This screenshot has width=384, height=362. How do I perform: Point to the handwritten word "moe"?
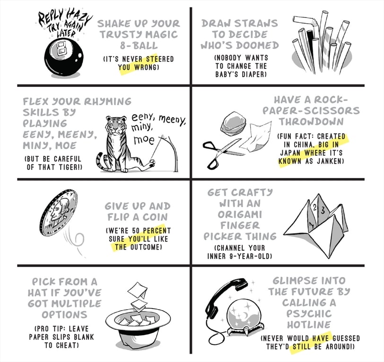tap(144, 140)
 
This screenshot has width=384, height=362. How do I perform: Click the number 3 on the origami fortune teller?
tap(323, 210)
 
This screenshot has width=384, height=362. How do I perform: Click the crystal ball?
tap(243, 315)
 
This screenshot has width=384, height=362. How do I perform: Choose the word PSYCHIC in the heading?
tap(309, 314)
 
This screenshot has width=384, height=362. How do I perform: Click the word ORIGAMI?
tap(240, 214)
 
